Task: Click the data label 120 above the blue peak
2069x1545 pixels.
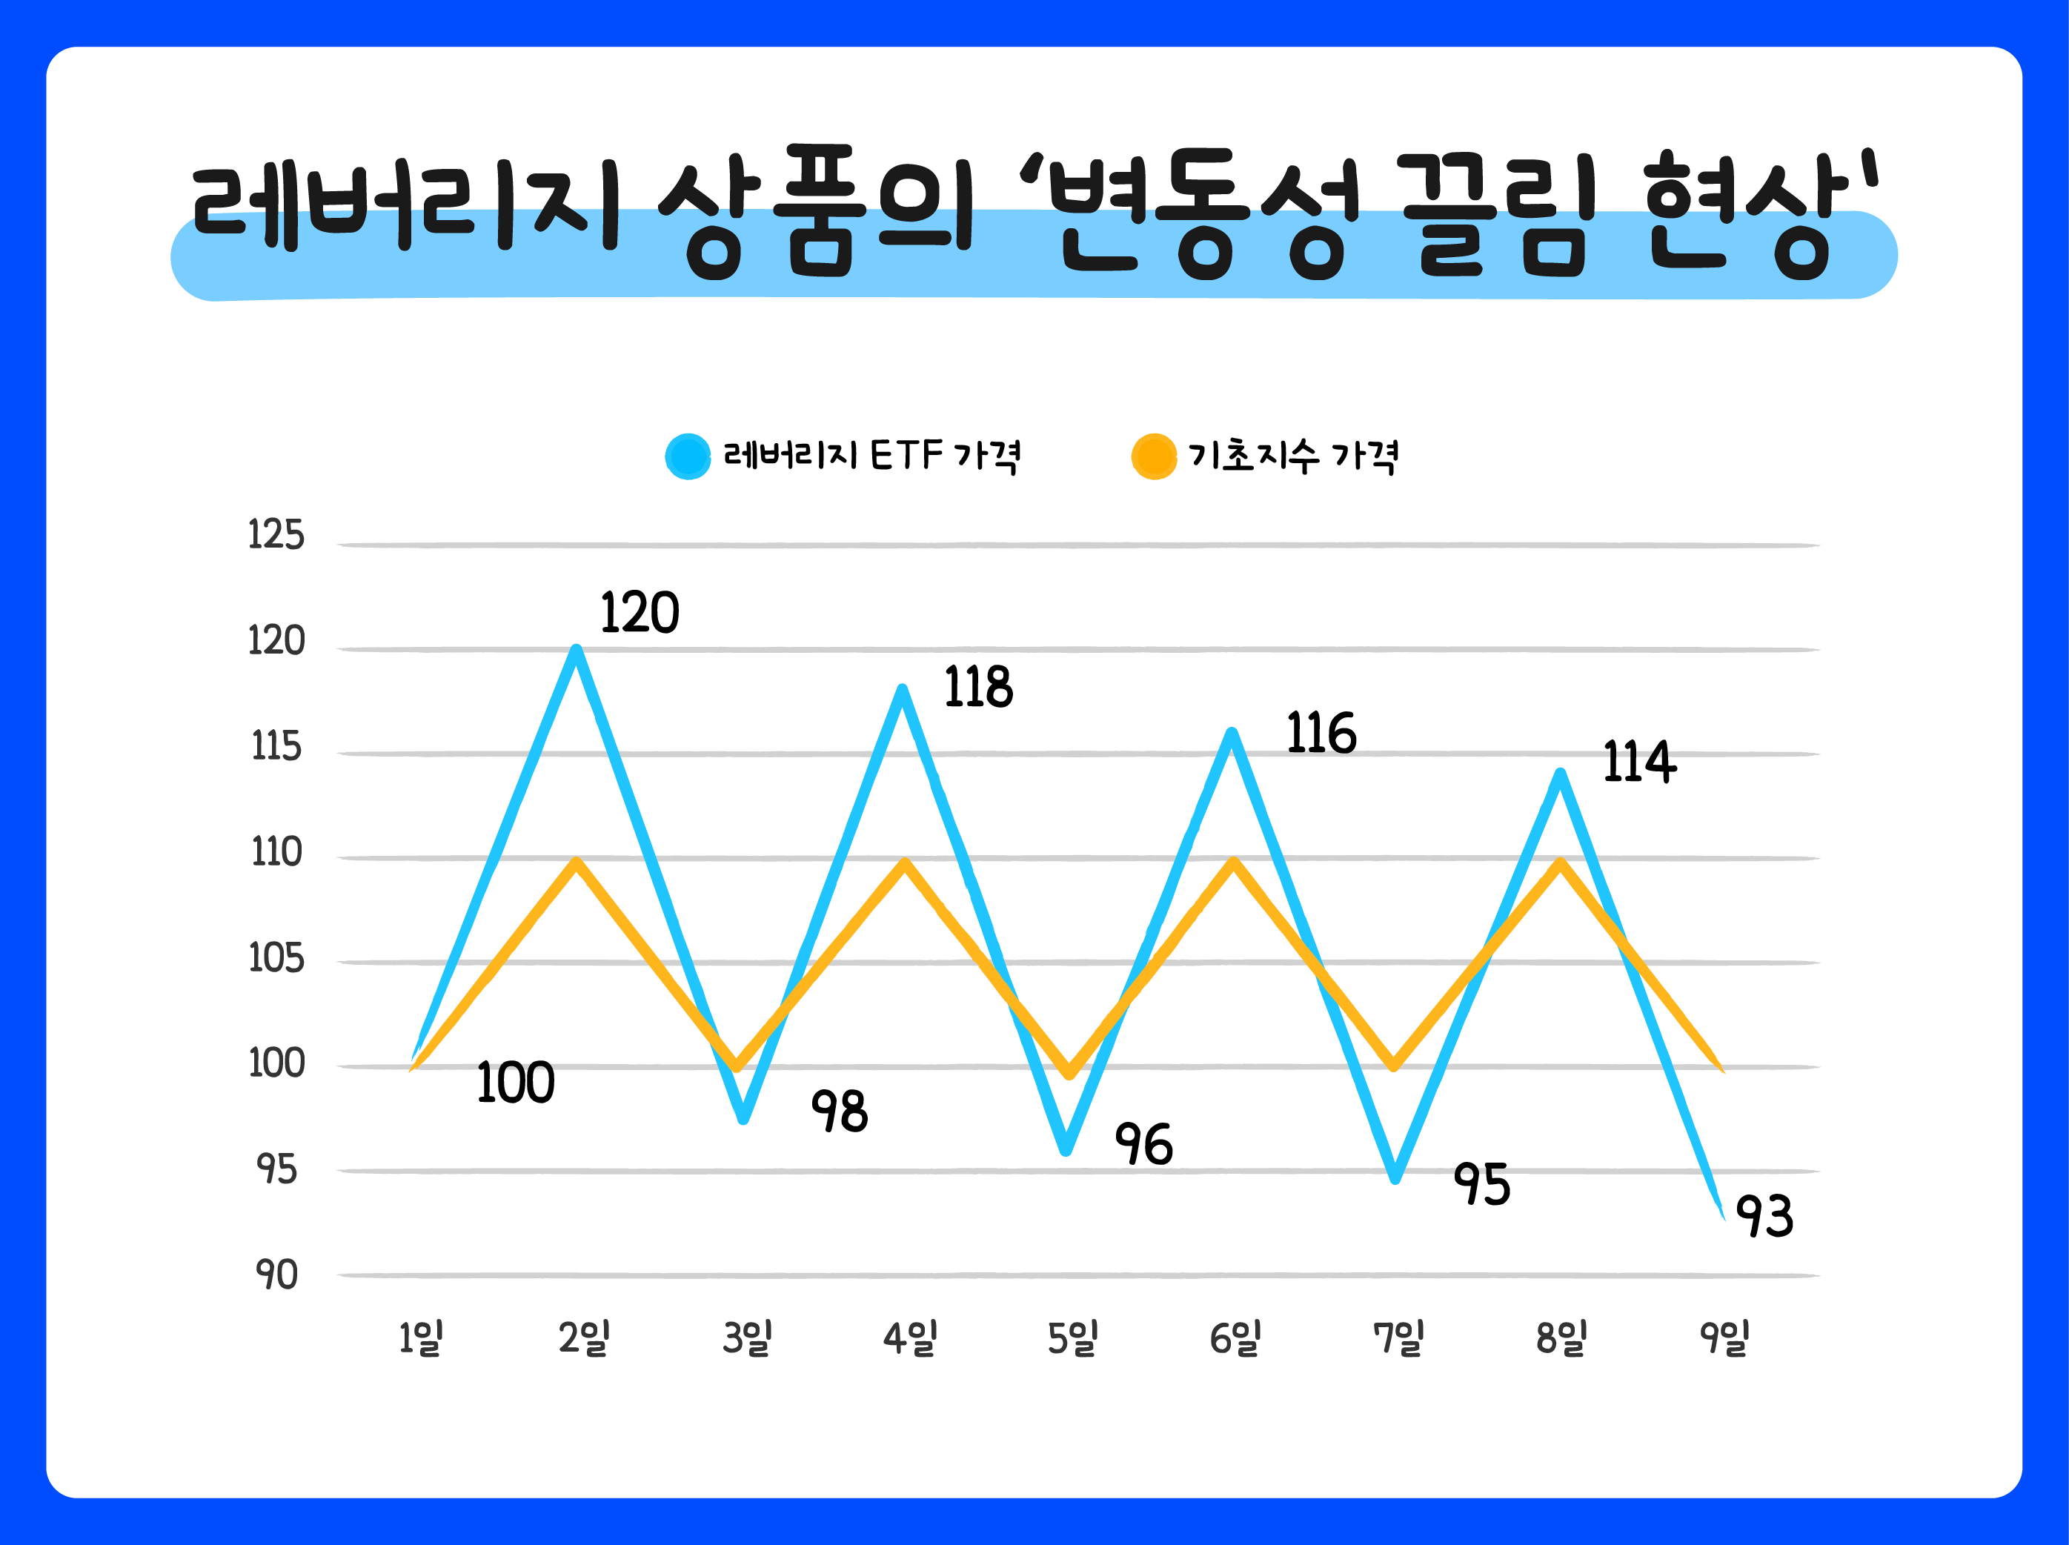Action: [x=640, y=614]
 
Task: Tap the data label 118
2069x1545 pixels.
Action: [x=978, y=688]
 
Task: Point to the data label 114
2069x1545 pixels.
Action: [x=1638, y=762]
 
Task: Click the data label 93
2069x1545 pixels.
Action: [x=1764, y=1217]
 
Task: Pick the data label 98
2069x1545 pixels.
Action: [x=839, y=1112]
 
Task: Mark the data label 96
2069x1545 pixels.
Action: [x=1143, y=1145]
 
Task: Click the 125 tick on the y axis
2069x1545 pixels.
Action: [x=276, y=535]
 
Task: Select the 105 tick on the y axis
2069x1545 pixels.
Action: [x=276, y=959]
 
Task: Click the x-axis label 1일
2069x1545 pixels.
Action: [x=420, y=1338]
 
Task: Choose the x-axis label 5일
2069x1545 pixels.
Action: [x=1072, y=1338]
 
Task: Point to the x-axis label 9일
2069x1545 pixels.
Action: [x=1724, y=1338]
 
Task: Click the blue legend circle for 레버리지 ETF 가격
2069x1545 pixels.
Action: [x=688, y=456]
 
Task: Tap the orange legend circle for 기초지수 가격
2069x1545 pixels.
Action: [x=1153, y=456]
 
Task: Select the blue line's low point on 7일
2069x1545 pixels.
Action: [x=1395, y=1177]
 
